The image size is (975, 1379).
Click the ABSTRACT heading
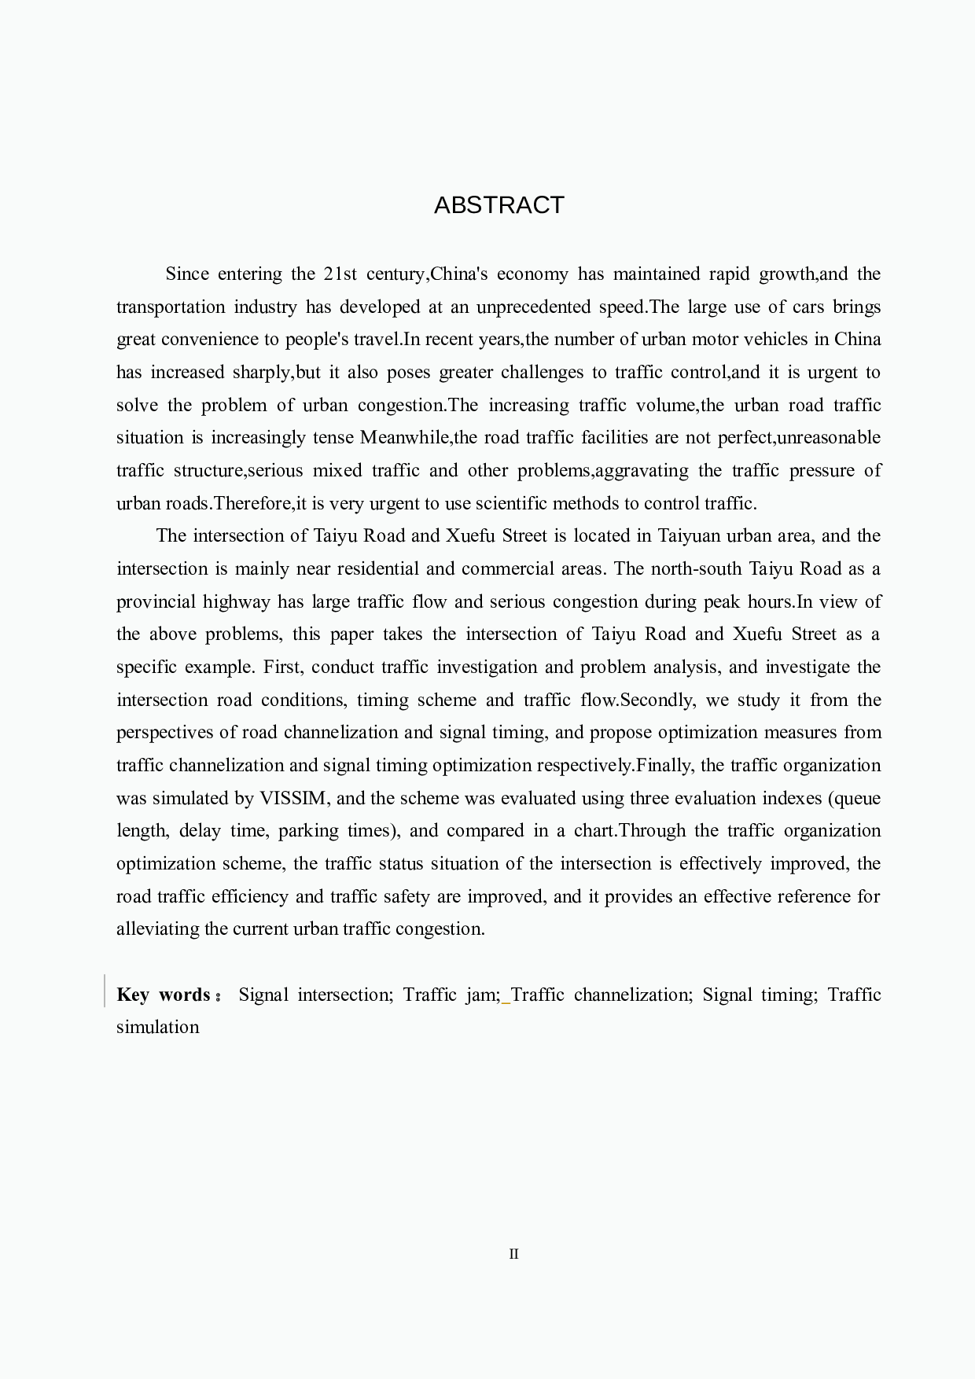499,205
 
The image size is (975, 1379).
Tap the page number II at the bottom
513,1254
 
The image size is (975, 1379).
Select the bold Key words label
164,995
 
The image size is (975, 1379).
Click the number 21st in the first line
340,274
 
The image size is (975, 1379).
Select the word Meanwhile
404,437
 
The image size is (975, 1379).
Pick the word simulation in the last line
157,1027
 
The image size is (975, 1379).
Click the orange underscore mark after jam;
506,1002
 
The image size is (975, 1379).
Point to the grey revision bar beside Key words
105,991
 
